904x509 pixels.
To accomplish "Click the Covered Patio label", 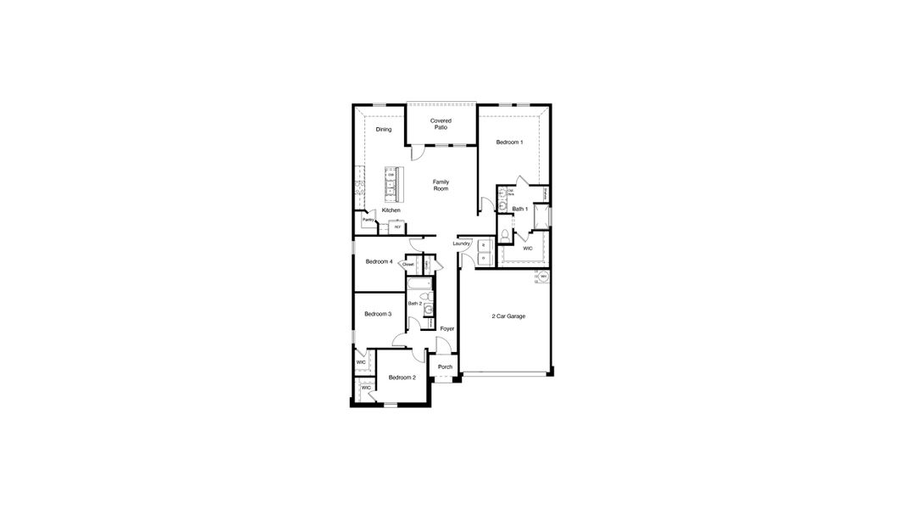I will (441, 124).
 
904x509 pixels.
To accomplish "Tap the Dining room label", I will (384, 130).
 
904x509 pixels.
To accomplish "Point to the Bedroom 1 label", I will (509, 143).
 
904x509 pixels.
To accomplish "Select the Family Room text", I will (441, 185).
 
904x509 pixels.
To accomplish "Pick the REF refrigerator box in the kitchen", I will (396, 227).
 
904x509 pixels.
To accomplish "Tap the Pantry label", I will (368, 221).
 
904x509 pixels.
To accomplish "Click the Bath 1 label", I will (520, 209).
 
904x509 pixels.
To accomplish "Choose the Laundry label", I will (461, 243).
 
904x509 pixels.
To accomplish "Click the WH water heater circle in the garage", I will (543, 277).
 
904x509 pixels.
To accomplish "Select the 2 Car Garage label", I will (508, 316).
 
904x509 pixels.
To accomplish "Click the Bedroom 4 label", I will (379, 261).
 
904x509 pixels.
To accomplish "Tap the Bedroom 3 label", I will (377, 314).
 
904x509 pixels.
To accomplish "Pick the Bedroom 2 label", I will (402, 378).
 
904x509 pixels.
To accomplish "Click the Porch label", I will (445, 367).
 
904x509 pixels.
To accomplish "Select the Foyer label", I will (447, 328).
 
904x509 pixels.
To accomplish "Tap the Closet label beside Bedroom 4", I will (408, 265).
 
